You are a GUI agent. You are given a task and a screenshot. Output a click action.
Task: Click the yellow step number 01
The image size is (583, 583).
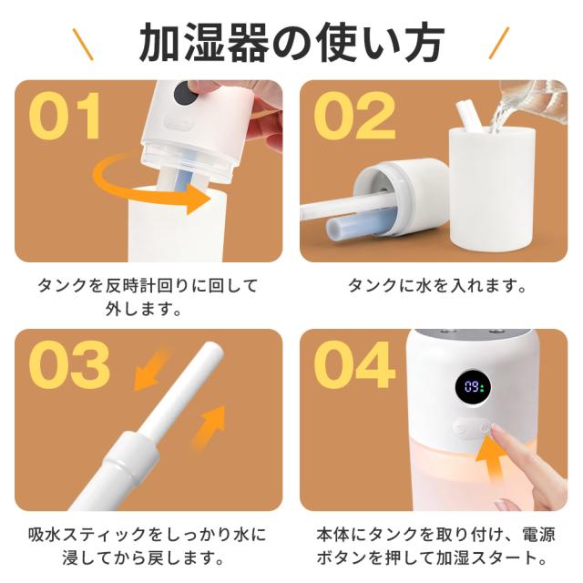(65, 116)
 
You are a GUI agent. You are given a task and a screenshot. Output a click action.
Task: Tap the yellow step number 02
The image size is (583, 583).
(354, 116)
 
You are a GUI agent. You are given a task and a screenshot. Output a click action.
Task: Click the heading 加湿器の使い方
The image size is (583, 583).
(291, 42)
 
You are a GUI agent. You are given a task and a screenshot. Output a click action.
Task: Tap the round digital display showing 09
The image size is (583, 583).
(473, 388)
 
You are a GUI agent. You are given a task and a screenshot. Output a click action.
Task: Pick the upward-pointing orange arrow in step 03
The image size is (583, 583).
(209, 427)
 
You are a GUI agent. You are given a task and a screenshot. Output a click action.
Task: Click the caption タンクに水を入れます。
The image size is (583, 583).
(437, 285)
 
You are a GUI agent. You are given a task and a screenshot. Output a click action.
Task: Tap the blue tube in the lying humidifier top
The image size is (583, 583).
(357, 225)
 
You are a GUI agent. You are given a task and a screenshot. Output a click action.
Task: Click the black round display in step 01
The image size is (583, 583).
(186, 93)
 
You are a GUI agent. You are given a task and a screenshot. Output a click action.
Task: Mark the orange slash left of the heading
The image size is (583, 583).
(83, 44)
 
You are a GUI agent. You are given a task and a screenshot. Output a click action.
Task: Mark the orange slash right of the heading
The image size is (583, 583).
(498, 43)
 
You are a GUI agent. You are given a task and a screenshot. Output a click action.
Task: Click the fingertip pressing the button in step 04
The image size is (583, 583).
(492, 430)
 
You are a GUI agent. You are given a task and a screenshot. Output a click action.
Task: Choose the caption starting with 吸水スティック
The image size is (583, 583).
(148, 547)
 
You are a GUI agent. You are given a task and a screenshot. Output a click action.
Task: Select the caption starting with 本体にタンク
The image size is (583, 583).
(435, 547)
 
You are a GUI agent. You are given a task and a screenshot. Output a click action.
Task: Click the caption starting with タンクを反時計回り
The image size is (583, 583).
(148, 297)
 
